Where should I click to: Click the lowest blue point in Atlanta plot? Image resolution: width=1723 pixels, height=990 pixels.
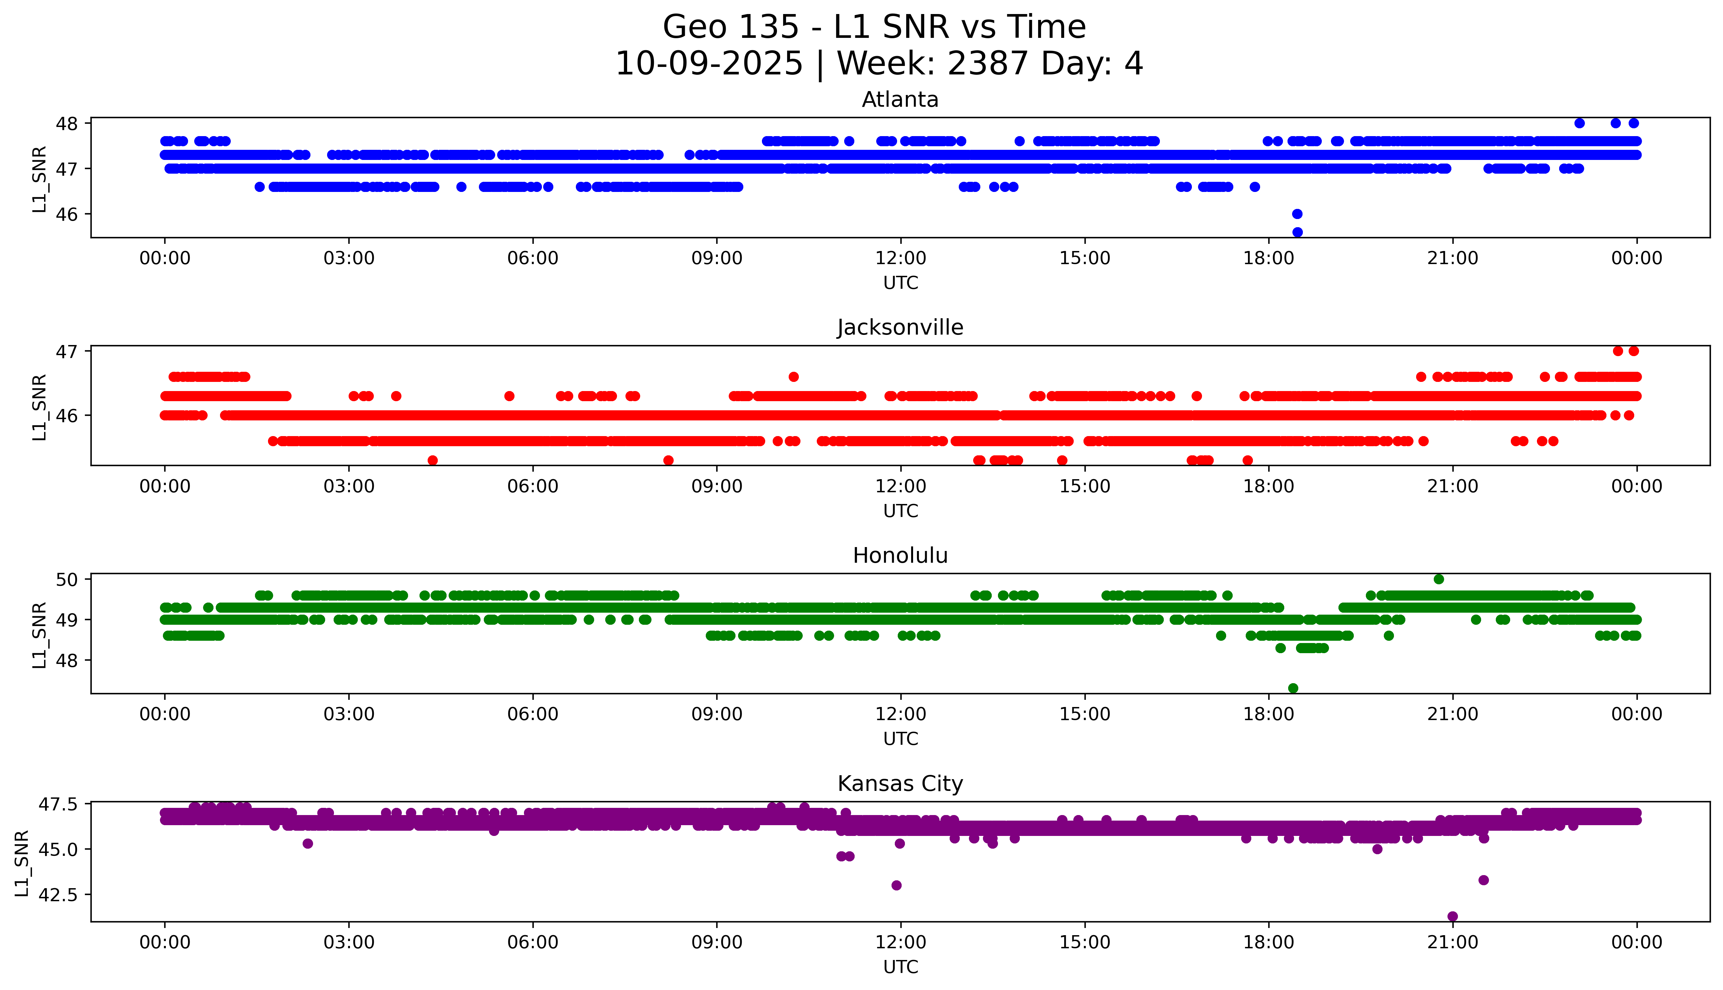click(1297, 232)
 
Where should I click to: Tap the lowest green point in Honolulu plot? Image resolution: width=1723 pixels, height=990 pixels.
click(1293, 688)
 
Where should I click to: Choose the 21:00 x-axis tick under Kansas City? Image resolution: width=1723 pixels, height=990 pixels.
click(1452, 942)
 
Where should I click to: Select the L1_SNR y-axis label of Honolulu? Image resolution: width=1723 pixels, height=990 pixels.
click(40, 635)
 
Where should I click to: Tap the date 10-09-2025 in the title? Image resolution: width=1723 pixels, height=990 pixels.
click(708, 64)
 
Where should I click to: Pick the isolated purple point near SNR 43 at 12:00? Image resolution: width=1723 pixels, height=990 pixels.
click(896, 885)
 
